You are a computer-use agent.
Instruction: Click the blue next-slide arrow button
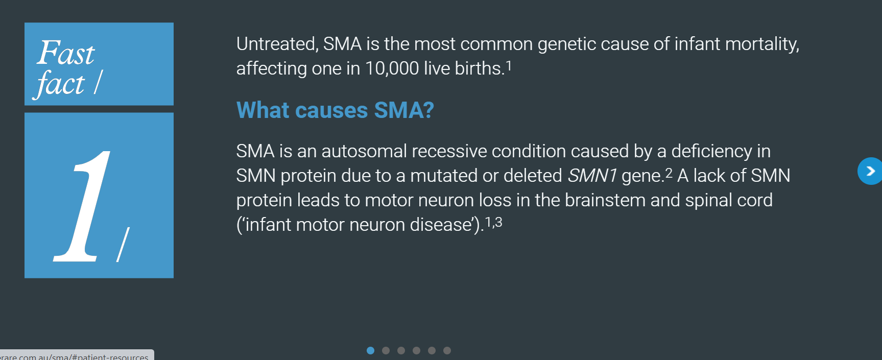pyautogui.click(x=870, y=171)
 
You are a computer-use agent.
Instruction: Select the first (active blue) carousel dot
pyautogui.click(x=371, y=350)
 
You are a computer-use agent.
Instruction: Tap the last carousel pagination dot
pyautogui.click(x=447, y=350)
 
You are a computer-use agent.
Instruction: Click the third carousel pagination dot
pyautogui.click(x=401, y=350)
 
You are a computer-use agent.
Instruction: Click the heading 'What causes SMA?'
pyautogui.click(x=335, y=110)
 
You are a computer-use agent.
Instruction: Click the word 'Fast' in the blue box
pyautogui.click(x=66, y=53)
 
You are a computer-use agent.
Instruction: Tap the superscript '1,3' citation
pyautogui.click(x=493, y=222)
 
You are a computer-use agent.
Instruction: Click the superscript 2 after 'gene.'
pyautogui.click(x=669, y=173)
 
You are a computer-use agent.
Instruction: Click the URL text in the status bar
pyautogui.click(x=75, y=356)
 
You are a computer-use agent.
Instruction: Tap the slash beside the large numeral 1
pyautogui.click(x=123, y=244)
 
